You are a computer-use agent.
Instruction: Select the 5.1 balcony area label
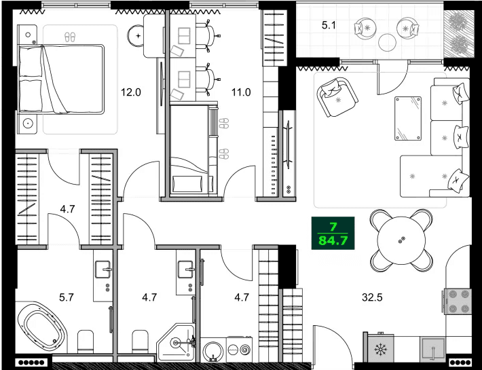point(329,27)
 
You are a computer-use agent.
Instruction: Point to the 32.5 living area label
point(373,296)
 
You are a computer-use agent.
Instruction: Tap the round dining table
point(401,240)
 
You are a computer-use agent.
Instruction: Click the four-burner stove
point(457,301)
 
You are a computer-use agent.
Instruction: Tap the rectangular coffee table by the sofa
point(409,117)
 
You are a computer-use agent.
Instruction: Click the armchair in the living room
point(337,96)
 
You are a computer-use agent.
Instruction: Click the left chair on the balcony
point(367,28)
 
